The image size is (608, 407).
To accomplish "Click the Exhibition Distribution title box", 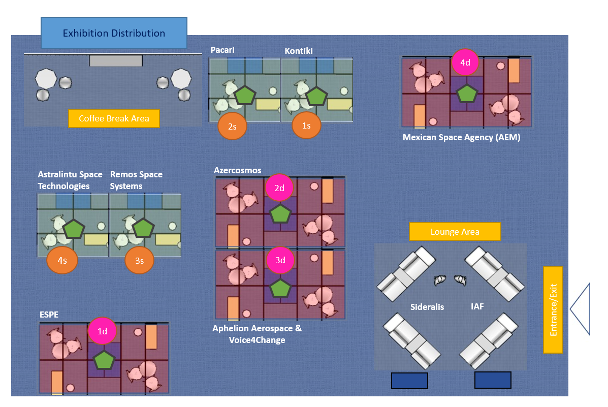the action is click(x=114, y=33).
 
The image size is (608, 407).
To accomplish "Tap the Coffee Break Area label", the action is click(x=114, y=118).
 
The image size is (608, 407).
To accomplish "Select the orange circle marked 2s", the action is click(x=232, y=126).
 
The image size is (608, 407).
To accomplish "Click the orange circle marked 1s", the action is click(x=306, y=126).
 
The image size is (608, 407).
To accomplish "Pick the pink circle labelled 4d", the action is click(x=465, y=62).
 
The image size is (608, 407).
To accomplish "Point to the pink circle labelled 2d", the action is click(x=279, y=188).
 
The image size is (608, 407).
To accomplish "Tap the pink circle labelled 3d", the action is click(x=280, y=260).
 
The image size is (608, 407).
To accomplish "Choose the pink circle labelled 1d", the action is click(x=102, y=331).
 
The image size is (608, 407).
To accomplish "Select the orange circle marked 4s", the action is click(x=62, y=260).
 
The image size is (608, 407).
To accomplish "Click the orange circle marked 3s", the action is click(x=140, y=261).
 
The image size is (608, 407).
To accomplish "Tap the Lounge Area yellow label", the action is click(x=455, y=232).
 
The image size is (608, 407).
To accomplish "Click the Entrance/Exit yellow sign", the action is click(x=553, y=309).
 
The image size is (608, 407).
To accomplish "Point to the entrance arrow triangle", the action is click(x=580, y=309).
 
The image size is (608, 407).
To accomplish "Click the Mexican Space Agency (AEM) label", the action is click(x=461, y=137).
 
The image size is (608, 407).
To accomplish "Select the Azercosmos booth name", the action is click(x=238, y=170).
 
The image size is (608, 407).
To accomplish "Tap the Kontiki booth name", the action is click(x=299, y=51).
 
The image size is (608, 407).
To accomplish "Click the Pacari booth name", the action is click(x=222, y=50).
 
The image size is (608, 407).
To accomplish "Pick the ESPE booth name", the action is click(x=49, y=315).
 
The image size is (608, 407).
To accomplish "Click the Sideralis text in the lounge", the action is click(x=427, y=307).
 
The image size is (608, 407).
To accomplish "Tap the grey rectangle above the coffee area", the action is click(x=116, y=60).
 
